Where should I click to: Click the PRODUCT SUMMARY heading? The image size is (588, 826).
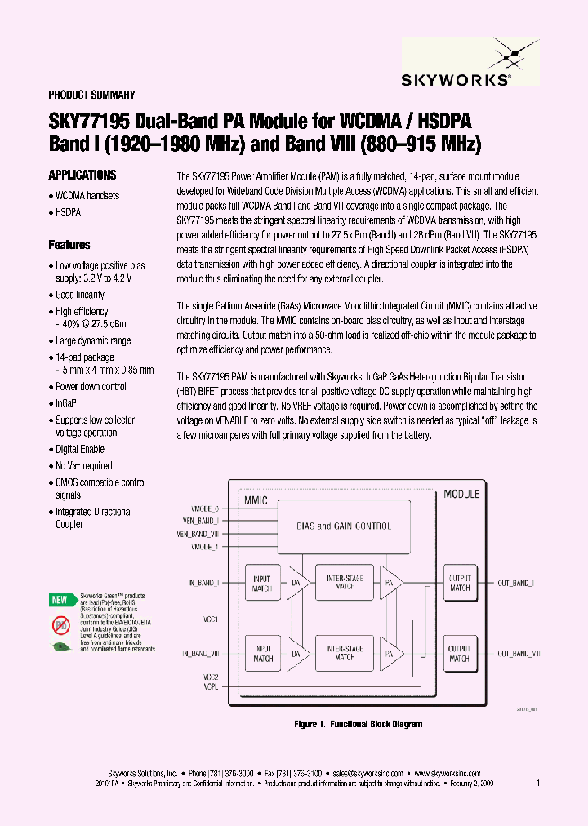[91, 95]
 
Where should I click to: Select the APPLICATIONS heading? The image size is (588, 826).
[82, 175]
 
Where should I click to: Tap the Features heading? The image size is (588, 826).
[69, 244]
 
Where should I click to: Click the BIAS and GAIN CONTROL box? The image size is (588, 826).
[343, 526]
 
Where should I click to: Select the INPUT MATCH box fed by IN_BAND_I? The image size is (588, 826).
[263, 584]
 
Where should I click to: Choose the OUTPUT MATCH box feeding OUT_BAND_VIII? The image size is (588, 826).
[460, 654]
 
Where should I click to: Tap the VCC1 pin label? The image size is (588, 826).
[209, 619]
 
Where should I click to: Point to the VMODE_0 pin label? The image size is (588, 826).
[204, 508]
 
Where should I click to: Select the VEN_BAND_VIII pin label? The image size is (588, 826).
[198, 533]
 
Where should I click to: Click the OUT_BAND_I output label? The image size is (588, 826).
[516, 583]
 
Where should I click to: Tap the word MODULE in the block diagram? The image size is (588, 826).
[461, 494]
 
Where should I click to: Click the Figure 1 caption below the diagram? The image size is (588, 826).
[358, 724]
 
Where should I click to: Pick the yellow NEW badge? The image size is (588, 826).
[60, 600]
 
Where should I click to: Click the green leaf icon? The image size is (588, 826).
[60, 646]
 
